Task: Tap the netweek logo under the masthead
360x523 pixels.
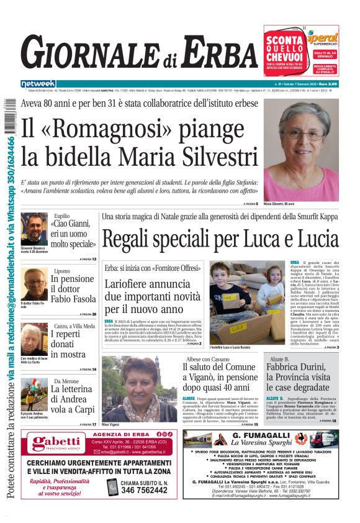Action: [38, 84]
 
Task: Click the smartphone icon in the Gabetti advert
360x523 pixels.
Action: [112, 487]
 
